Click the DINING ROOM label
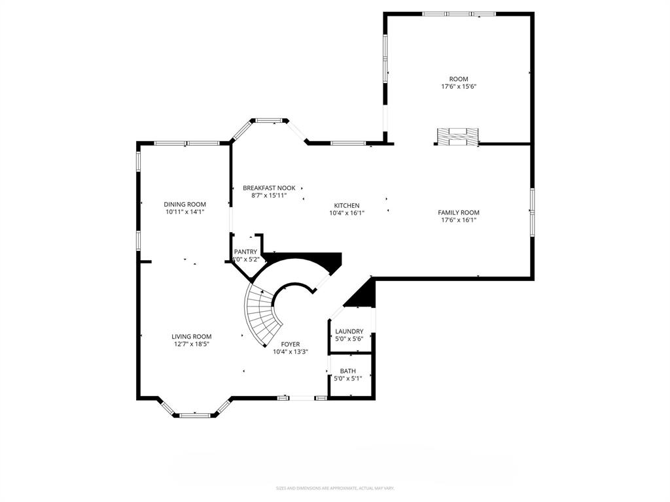tap(185, 204)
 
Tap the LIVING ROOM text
tap(191, 337)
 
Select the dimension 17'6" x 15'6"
tap(458, 86)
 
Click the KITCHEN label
tap(346, 205)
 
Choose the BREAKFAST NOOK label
tap(269, 188)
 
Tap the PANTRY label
tap(246, 252)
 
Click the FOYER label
tap(290, 344)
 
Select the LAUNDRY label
tap(349, 331)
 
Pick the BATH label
tap(347, 371)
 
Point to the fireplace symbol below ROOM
tap(457, 136)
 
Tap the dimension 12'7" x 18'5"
tap(191, 344)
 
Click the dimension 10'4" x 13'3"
tap(290, 352)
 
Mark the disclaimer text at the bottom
tap(335, 488)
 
